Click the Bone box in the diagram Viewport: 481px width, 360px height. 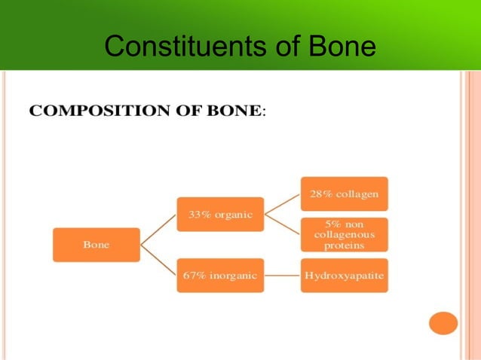coord(96,245)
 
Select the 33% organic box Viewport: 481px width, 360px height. coord(220,214)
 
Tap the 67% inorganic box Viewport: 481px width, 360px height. coord(220,276)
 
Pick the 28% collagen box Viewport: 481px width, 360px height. coord(344,194)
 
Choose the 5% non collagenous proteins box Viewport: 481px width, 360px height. coord(344,234)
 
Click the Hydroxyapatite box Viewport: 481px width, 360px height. coord(344,276)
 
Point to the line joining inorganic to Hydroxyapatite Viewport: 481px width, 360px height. coord(282,276)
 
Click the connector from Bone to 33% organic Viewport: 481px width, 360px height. coord(158,229)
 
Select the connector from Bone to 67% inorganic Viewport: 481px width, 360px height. coord(158,261)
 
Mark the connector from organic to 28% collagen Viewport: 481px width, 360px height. coord(282,203)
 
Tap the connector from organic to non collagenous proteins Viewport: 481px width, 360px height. coord(282,224)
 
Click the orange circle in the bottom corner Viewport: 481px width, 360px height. coord(443,322)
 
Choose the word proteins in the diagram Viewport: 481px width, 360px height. coord(344,246)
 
